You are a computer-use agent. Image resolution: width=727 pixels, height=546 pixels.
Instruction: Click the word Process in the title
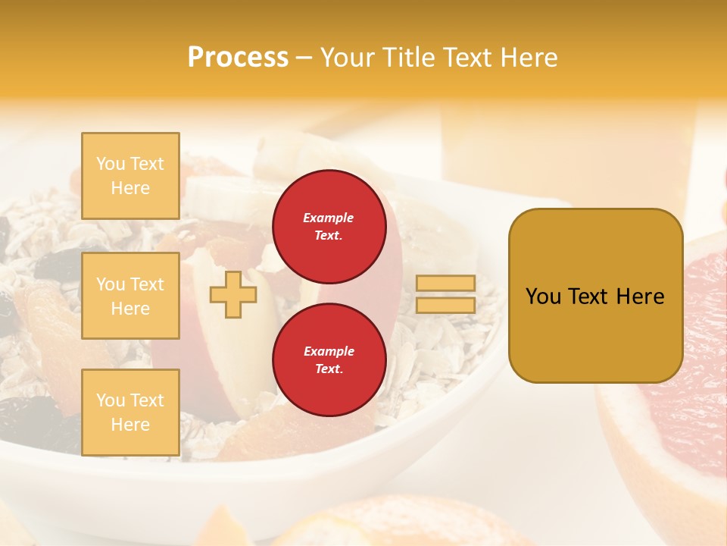tap(238, 58)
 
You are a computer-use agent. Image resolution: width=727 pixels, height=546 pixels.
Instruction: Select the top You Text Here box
tap(130, 176)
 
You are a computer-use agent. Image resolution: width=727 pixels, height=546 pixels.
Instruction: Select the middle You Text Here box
tap(130, 296)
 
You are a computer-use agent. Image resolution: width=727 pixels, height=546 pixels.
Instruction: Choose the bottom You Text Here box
tap(130, 412)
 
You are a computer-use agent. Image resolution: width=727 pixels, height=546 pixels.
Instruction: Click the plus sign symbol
tap(232, 294)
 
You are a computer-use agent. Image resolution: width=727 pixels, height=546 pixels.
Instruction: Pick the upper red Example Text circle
tap(329, 227)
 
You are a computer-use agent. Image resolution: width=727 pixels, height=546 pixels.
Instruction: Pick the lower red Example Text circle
tap(329, 360)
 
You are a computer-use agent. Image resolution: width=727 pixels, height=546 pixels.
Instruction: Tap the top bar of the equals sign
tap(445, 283)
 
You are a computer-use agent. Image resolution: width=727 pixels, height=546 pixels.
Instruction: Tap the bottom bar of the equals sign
tap(445, 305)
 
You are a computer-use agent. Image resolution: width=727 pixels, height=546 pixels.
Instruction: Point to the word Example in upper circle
tap(329, 218)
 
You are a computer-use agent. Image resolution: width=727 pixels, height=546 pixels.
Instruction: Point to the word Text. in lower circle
tap(329, 369)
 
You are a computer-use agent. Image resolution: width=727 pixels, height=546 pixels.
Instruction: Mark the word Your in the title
tap(349, 58)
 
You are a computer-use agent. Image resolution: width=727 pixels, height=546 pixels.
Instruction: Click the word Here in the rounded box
tap(640, 297)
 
